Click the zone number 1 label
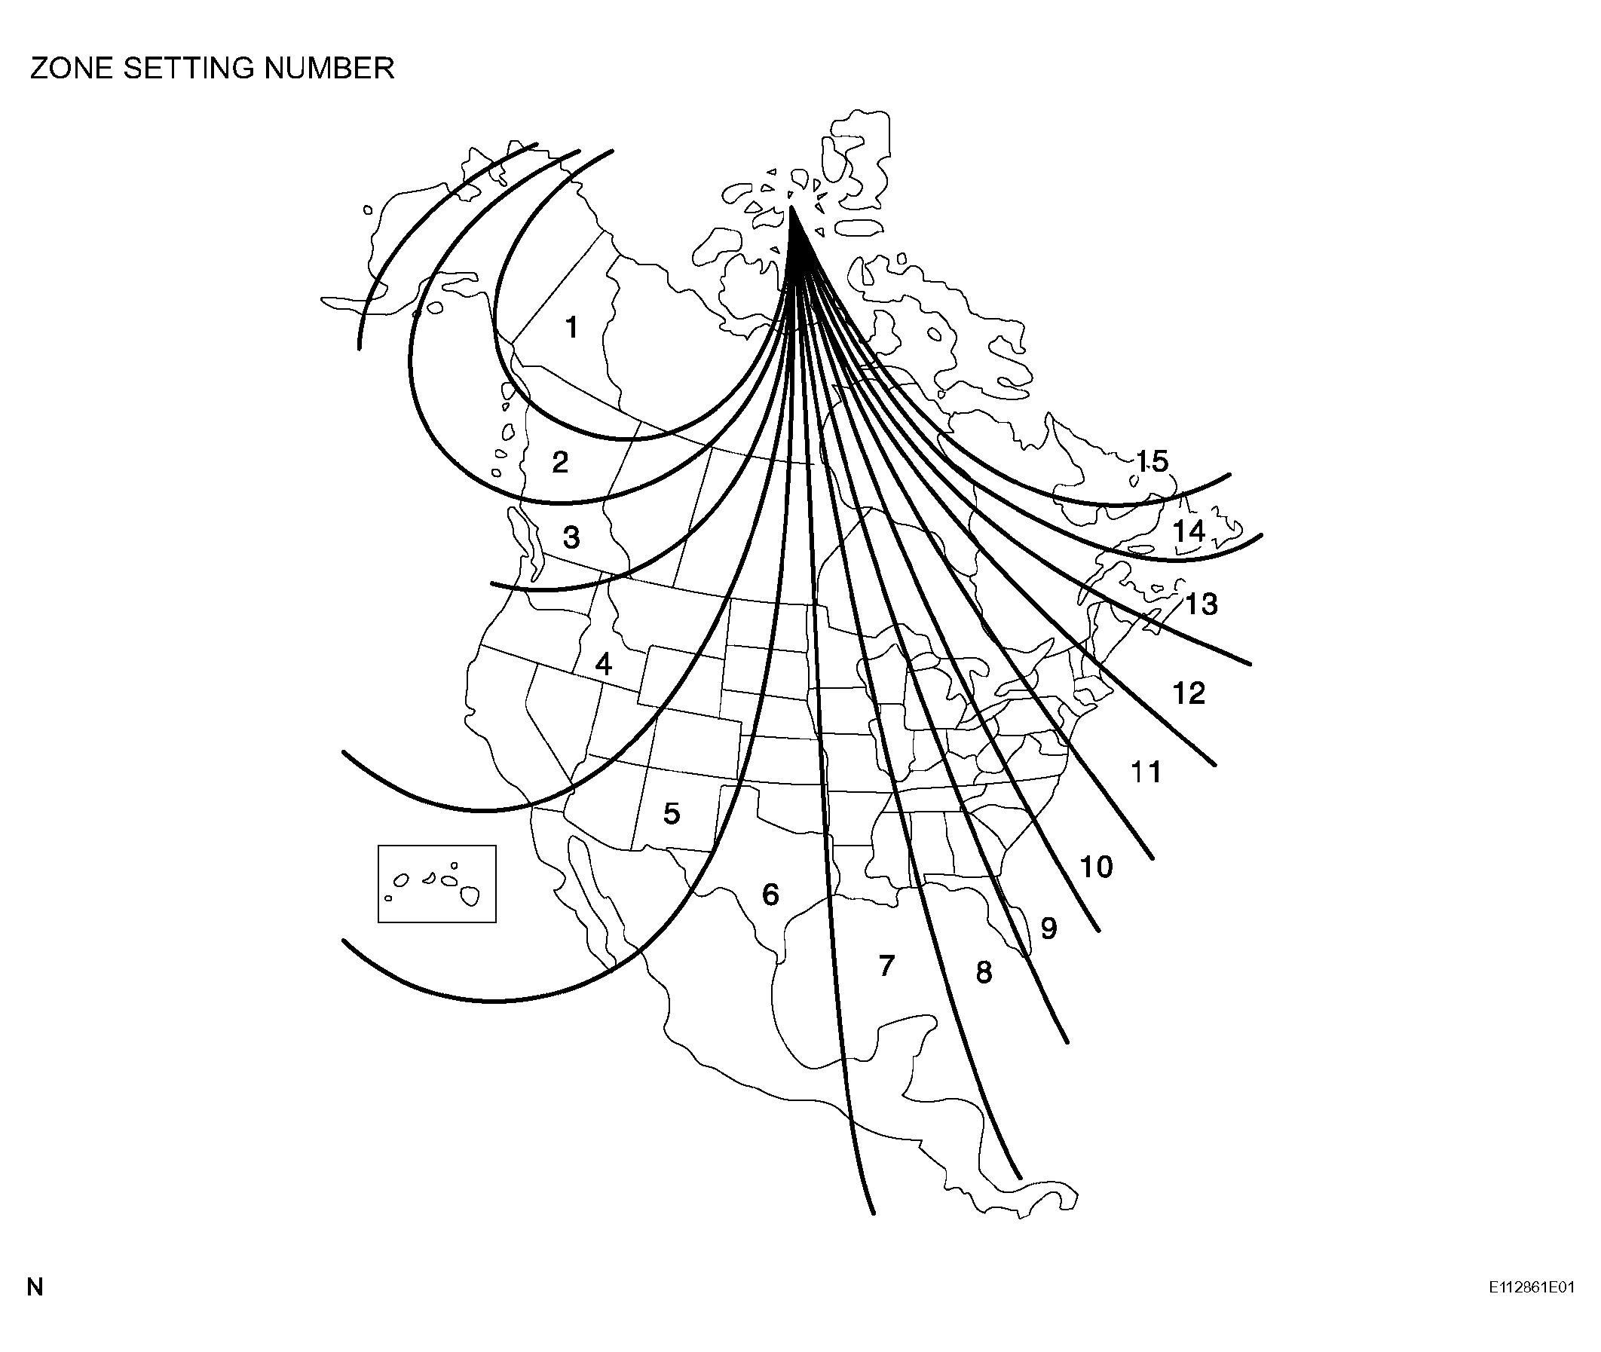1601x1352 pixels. click(x=571, y=327)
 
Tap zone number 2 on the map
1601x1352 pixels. click(x=560, y=462)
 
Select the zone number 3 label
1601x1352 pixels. click(x=571, y=537)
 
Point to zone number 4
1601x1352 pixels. click(x=604, y=664)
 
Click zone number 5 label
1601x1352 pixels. click(x=672, y=813)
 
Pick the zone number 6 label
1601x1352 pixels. click(x=770, y=895)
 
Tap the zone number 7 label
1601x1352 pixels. click(x=886, y=965)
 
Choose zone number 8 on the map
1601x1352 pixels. click(x=984, y=973)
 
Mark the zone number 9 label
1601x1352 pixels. click(x=1049, y=928)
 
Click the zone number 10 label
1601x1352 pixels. click(x=1096, y=867)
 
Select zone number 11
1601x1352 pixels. click(x=1146, y=772)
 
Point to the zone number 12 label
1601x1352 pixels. click(x=1189, y=693)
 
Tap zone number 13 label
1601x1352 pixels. click(x=1202, y=604)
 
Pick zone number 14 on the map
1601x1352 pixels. click(x=1189, y=531)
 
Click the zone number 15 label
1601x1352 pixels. click(x=1152, y=460)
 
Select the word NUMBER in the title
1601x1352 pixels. click(x=329, y=69)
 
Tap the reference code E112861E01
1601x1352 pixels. click(x=1531, y=1287)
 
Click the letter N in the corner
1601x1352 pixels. click(x=35, y=1287)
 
